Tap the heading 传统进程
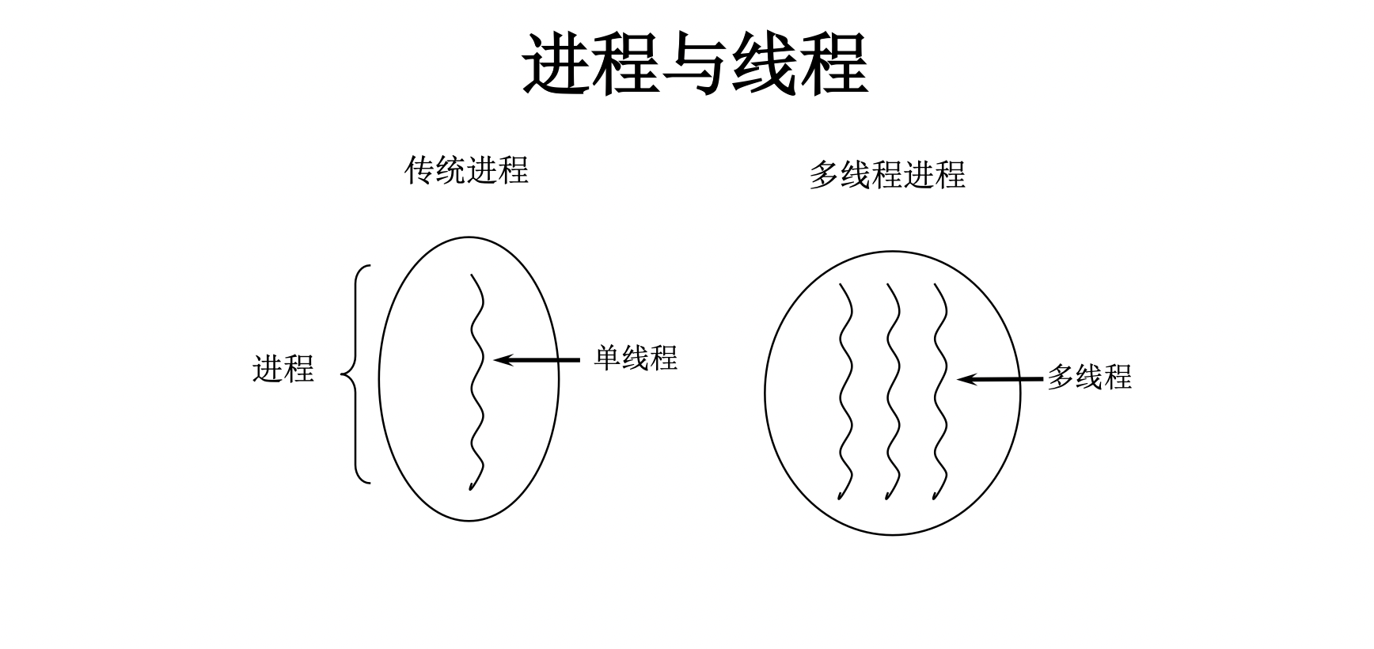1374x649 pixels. point(466,170)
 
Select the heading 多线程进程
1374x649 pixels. point(886,175)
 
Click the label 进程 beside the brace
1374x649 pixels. point(283,369)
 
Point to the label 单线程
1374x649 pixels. point(636,358)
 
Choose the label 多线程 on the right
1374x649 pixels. point(1089,377)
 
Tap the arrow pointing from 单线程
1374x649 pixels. point(538,360)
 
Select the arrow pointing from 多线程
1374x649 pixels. point(1000,380)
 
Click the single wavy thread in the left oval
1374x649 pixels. point(477,380)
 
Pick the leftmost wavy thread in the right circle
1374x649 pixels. point(846,392)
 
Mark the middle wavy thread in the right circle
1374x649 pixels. point(894,392)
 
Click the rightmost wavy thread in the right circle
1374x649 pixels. point(940,392)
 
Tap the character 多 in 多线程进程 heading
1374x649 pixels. point(825,175)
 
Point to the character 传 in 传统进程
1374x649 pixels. point(419,170)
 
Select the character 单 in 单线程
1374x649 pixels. point(608,358)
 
